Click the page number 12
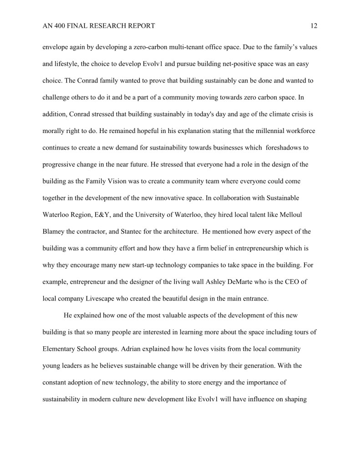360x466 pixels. click(x=314, y=26)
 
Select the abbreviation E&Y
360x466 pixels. click(x=112, y=215)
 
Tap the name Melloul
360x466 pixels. click(x=298, y=215)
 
